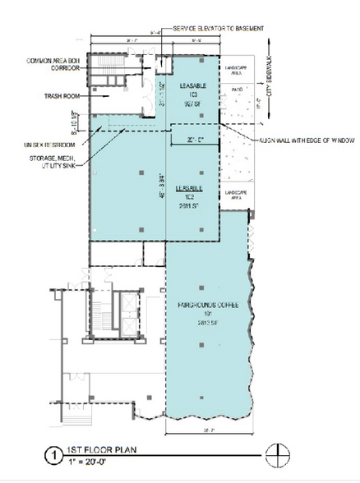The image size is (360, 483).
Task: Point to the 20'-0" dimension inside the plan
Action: pyautogui.click(x=194, y=140)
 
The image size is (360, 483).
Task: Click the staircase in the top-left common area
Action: pyautogui.click(x=106, y=65)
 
